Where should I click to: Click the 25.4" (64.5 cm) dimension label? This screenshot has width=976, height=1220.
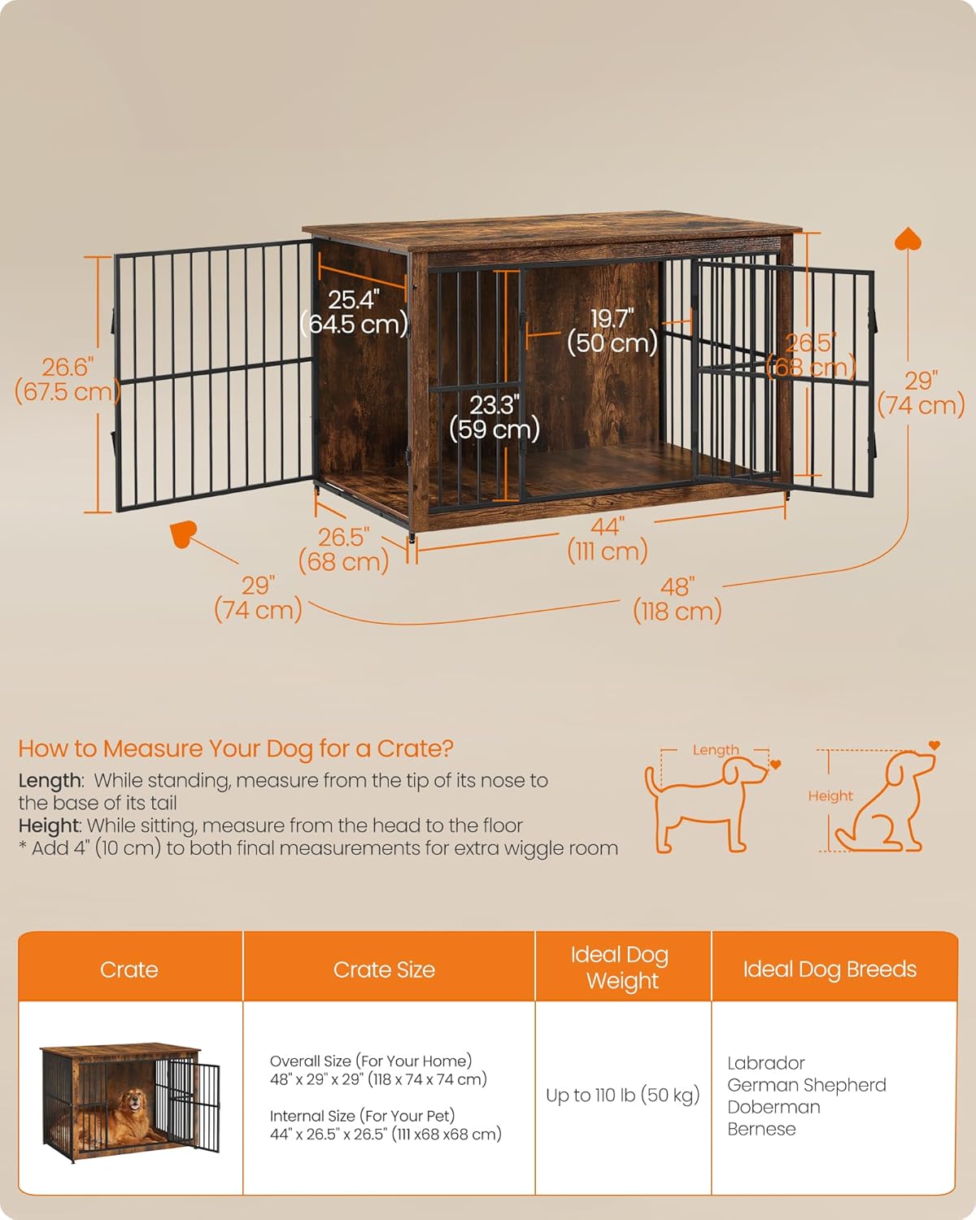tap(355, 312)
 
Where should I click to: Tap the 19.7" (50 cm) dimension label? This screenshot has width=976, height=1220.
tap(612, 330)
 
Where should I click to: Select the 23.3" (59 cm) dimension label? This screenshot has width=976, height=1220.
tap(494, 416)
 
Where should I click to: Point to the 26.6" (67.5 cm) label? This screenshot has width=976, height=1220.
tap(68, 379)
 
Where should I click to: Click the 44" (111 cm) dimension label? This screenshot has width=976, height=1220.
tap(607, 538)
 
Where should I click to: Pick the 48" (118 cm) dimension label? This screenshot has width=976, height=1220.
tap(677, 599)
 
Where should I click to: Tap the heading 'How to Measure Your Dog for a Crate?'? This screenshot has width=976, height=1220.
tap(236, 748)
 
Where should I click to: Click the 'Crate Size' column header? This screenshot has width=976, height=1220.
tap(384, 969)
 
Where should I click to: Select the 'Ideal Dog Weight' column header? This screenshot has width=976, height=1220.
tap(622, 967)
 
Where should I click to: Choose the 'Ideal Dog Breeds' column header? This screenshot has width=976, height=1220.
tap(830, 969)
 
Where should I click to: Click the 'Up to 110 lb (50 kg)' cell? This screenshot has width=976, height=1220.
tap(622, 1096)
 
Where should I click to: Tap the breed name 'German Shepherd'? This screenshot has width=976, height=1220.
tap(807, 1085)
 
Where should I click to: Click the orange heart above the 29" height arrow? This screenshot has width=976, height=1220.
tap(908, 239)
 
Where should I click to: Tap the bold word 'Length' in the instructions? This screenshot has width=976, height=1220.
tap(50, 781)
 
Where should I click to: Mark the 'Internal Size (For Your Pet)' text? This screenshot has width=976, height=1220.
tap(362, 1116)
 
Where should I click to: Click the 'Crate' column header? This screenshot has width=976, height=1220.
tap(129, 969)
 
